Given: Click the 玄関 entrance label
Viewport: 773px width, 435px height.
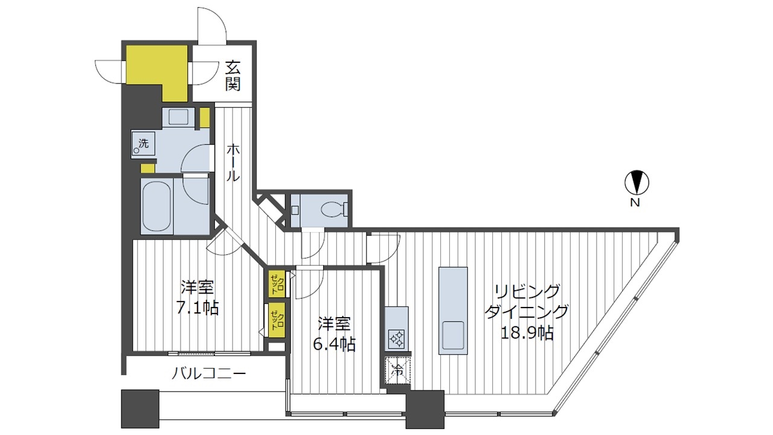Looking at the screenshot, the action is [x=233, y=76].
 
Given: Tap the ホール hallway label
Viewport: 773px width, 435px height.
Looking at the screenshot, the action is [x=233, y=163].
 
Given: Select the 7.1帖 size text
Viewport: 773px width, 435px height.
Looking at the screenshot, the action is [x=197, y=308].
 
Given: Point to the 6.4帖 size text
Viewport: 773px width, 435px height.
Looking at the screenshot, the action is [x=334, y=344].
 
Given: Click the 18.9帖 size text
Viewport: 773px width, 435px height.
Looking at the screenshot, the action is [x=527, y=333].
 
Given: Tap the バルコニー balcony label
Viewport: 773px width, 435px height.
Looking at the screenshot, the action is [x=209, y=373].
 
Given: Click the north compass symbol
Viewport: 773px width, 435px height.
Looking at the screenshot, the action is [x=637, y=182].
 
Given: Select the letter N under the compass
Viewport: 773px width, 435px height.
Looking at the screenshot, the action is [x=635, y=203].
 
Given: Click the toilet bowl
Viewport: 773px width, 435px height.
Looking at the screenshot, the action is [x=332, y=209].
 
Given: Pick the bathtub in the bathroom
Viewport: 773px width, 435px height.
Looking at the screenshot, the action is [x=156, y=207].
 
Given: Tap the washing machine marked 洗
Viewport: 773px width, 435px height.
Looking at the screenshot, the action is [x=143, y=144].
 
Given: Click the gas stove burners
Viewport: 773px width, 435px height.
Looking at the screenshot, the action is [x=397, y=339].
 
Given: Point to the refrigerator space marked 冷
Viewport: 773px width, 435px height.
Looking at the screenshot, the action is [x=398, y=371].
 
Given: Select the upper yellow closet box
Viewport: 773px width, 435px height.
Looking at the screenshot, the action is [x=277, y=283].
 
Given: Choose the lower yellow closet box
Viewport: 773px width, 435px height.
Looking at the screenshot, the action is [x=277, y=320].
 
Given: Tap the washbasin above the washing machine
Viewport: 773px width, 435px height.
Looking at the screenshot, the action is [x=178, y=117].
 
